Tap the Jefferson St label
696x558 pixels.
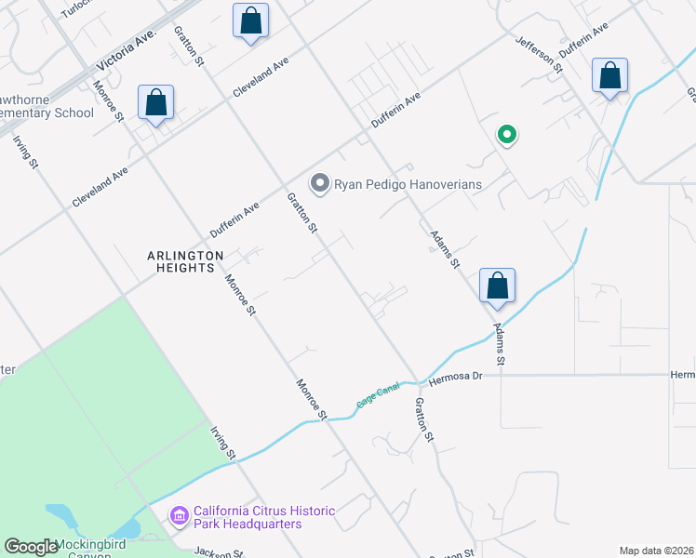click(x=540, y=55)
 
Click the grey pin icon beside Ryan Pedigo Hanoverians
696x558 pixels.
click(x=320, y=183)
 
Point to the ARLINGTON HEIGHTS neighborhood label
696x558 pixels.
click(x=185, y=261)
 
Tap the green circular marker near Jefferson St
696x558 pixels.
click(x=507, y=135)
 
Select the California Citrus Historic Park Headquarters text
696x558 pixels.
click(x=247, y=518)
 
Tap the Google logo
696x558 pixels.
click(x=30, y=547)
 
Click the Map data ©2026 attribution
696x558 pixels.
click(x=656, y=551)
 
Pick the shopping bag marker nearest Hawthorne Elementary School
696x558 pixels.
click(x=156, y=104)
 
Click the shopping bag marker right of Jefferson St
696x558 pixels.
click(x=609, y=77)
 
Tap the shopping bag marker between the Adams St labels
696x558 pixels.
click(x=497, y=286)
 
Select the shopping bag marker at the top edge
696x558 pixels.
click(x=250, y=21)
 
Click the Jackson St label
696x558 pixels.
click(x=220, y=552)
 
